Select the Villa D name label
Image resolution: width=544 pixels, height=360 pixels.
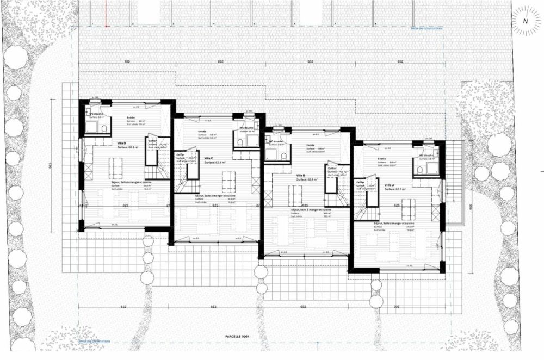click(121, 143)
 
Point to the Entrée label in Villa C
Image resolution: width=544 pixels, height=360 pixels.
click(202, 131)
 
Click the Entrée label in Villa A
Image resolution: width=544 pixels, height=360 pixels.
click(382, 159)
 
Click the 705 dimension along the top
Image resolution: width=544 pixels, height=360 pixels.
click(127, 62)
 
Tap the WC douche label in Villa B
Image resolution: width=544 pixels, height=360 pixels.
click(276, 141)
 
